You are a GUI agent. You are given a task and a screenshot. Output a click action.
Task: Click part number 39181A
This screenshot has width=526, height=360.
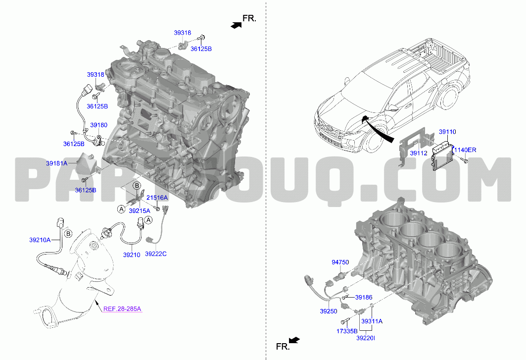(x=57, y=163)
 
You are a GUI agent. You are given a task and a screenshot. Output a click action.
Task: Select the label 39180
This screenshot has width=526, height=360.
(x=98, y=125)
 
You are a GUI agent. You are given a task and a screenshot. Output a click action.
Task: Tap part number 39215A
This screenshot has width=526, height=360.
(x=140, y=210)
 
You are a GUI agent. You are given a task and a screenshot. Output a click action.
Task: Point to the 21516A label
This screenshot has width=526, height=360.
(x=157, y=198)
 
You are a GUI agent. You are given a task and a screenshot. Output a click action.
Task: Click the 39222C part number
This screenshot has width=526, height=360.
(x=156, y=254)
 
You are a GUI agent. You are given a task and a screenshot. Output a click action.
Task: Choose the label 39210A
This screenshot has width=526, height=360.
(x=40, y=240)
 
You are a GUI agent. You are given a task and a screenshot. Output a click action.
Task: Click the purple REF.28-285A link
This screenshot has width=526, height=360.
(x=122, y=309)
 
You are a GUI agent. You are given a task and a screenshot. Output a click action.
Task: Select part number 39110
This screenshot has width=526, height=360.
(x=447, y=132)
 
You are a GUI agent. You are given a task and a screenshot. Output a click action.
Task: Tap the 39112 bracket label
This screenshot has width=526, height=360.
(x=419, y=153)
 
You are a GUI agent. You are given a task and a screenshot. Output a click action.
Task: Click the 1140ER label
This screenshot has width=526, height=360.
(x=465, y=150)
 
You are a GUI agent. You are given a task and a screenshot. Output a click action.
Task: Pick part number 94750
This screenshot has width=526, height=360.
(x=340, y=262)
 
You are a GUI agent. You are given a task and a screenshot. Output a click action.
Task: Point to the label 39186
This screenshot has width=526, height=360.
(x=364, y=297)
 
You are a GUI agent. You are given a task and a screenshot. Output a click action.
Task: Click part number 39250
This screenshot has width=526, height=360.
(x=329, y=311)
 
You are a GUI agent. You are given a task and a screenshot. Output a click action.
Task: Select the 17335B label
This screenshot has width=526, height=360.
(x=347, y=331)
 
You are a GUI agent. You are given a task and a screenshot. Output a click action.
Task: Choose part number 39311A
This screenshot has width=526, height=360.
(x=372, y=321)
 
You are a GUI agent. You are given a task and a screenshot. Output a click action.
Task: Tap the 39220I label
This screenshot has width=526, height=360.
(x=366, y=338)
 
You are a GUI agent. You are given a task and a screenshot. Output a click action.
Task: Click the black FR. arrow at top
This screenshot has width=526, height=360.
(x=236, y=25)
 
